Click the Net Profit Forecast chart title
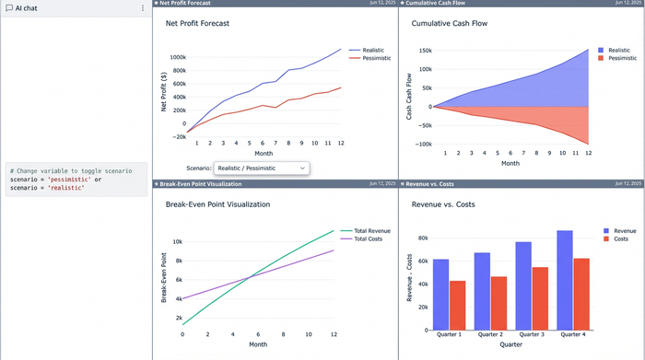[197, 23]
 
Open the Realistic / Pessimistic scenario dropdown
[262, 168]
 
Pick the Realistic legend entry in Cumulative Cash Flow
[619, 50]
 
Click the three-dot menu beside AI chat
[141, 7]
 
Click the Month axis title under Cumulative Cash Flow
[510, 163]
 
